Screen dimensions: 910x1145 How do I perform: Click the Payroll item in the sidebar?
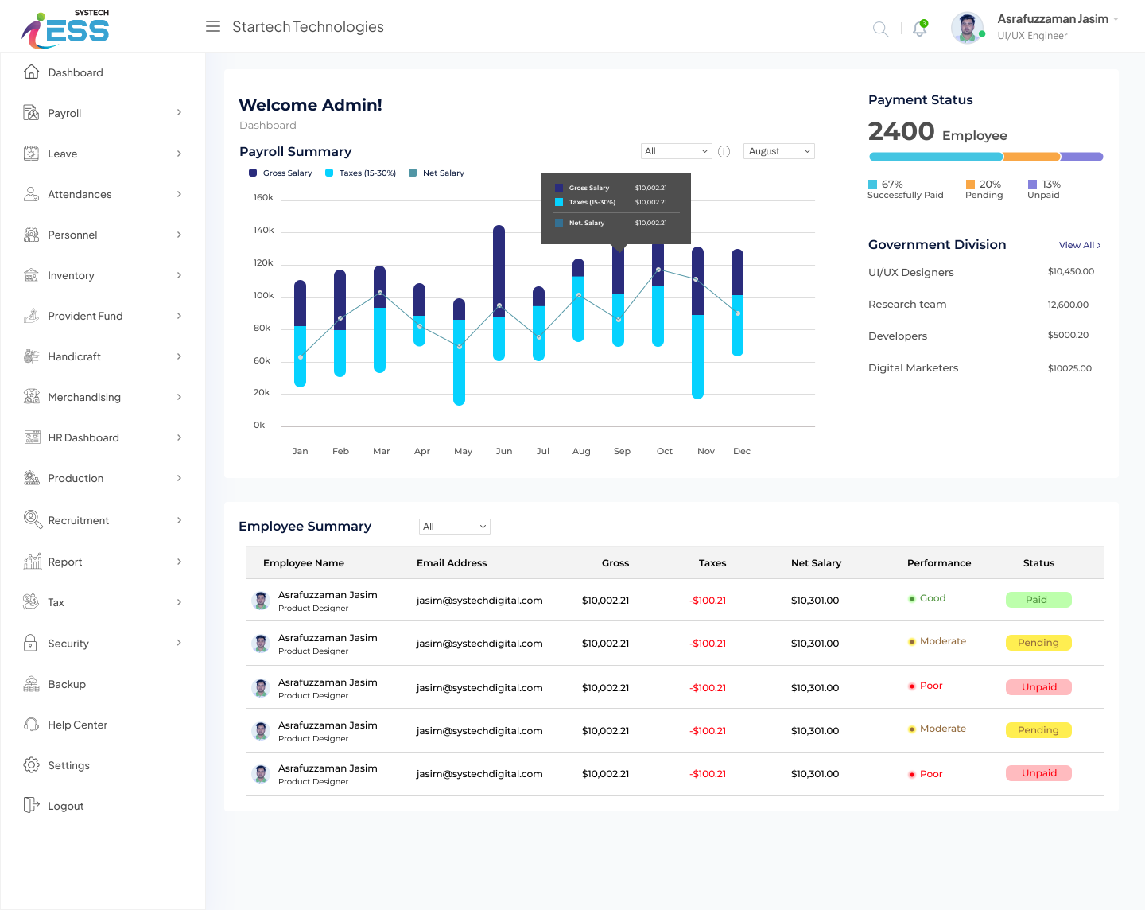pyautogui.click(x=64, y=113)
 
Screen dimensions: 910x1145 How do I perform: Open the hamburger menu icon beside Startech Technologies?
pyautogui.click(x=213, y=27)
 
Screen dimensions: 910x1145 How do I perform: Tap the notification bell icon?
pyautogui.click(x=920, y=29)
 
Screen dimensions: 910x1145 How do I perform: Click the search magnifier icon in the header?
pyautogui.click(x=880, y=29)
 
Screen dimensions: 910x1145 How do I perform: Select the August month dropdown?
pyautogui.click(x=779, y=151)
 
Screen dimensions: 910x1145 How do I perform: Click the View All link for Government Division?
pyautogui.click(x=1079, y=245)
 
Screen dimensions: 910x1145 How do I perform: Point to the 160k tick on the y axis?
pyautogui.click(x=263, y=197)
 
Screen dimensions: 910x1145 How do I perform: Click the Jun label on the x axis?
pyautogui.click(x=504, y=451)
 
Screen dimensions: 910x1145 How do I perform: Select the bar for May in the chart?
pyautogui.click(x=459, y=352)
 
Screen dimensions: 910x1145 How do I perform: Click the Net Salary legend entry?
pyautogui.click(x=443, y=173)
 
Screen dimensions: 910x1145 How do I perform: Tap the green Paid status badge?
pyautogui.click(x=1038, y=600)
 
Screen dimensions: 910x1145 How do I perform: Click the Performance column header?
pyautogui.click(x=938, y=562)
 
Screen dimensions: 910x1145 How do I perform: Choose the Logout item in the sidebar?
pyautogui.click(x=65, y=806)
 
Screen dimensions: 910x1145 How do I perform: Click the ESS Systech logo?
pyautogui.click(x=66, y=28)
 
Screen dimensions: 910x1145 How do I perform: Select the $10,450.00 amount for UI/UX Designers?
pyautogui.click(x=1070, y=271)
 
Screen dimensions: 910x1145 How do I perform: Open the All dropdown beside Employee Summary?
pyautogui.click(x=454, y=527)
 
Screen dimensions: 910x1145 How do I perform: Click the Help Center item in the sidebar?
pyautogui.click(x=77, y=725)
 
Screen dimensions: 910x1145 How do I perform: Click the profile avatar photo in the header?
pyautogui.click(x=966, y=28)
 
